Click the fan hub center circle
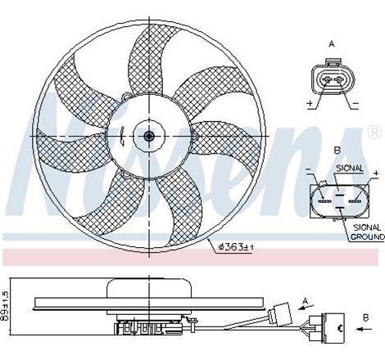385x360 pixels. [149, 137]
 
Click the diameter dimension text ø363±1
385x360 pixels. [238, 244]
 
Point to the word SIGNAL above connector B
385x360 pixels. [350, 167]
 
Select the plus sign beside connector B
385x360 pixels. [375, 173]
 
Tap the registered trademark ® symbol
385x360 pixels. [374, 131]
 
